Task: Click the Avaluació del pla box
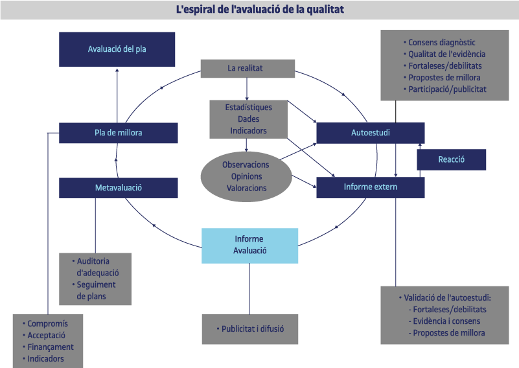tap(117, 49)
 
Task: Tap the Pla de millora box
tap(118, 133)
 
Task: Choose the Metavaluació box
tap(118, 188)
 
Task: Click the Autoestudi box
tap(370, 133)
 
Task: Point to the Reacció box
tap(451, 159)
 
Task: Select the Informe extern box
tap(370, 187)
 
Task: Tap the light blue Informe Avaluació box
tap(249, 246)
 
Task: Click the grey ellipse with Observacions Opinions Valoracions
tap(246, 176)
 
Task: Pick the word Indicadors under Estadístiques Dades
tap(248, 131)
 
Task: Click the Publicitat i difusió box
tap(252, 329)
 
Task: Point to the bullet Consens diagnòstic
tap(442, 43)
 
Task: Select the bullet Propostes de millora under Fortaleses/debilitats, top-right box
tap(444, 78)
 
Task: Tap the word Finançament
tap(51, 347)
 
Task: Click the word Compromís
tap(47, 323)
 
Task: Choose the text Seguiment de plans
tap(96, 290)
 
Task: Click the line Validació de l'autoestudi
tap(447, 298)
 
